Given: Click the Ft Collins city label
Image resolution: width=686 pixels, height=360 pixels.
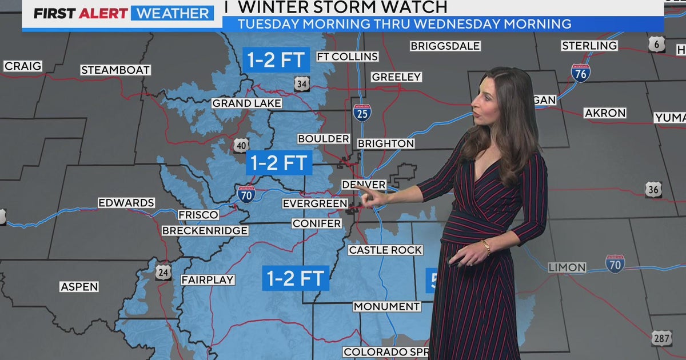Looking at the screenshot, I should [x=347, y=57].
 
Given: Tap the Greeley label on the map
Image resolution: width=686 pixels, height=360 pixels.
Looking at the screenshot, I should [x=396, y=77].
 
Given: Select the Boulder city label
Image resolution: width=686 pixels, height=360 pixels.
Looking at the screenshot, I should [x=324, y=139].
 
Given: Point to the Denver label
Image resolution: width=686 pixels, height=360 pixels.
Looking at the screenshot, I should [x=363, y=185].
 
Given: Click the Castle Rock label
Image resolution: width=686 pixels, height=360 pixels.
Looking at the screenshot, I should [x=385, y=250].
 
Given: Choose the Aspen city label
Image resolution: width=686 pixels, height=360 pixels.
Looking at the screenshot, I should [x=79, y=286].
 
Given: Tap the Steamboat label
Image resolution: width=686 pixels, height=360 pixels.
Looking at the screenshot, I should [x=115, y=70].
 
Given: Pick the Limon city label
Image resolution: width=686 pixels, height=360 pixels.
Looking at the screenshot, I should [x=567, y=267].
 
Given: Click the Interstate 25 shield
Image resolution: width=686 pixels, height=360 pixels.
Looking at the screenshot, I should [x=361, y=112].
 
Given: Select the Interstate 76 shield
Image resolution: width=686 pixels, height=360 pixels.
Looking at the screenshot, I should [x=580, y=73].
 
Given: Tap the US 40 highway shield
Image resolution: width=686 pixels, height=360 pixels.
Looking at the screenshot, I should [x=241, y=145].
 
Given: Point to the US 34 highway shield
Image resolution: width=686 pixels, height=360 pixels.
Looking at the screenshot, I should [x=302, y=84].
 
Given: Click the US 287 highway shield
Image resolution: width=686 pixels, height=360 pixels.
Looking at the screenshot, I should [x=661, y=338].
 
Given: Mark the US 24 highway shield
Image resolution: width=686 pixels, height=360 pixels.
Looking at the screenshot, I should [x=163, y=272].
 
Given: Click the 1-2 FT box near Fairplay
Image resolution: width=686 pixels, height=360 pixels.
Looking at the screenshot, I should [x=296, y=278].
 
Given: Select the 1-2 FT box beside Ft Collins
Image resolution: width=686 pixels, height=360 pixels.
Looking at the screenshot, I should [x=277, y=59].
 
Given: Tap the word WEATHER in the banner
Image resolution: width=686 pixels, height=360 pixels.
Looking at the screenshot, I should [x=172, y=13].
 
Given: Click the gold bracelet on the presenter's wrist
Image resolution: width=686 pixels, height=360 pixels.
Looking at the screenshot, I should [x=486, y=246].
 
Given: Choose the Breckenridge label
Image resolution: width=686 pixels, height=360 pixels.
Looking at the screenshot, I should [x=205, y=230].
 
